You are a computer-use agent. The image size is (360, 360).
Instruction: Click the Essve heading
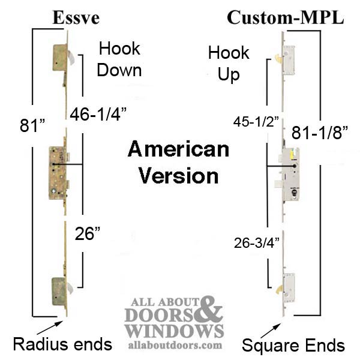tap(76, 18)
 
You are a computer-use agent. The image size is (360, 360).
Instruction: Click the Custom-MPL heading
tap(286, 17)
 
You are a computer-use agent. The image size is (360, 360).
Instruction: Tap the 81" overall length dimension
tap(32, 125)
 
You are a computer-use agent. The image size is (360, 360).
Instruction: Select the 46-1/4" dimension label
tap(98, 114)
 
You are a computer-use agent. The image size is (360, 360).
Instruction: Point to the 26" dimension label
tap(88, 233)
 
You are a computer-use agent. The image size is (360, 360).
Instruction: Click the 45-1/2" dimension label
tap(256, 121)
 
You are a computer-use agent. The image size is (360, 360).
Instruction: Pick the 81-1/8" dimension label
tap(320, 133)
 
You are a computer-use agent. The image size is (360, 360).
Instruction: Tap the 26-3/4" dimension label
tap(257, 242)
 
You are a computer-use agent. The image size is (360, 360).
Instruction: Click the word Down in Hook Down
tap(119, 70)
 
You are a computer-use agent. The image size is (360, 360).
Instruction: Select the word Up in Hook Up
tap(229, 74)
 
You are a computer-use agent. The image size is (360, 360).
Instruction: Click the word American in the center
tap(178, 149)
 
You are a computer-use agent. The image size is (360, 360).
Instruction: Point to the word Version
tap(179, 176)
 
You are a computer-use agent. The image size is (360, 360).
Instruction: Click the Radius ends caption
tap(62, 344)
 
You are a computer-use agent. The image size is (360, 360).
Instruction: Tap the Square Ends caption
tap(293, 345)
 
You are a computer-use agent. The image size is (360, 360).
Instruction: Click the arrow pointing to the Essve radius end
tap(50, 328)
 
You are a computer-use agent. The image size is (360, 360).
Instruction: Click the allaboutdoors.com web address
tap(175, 345)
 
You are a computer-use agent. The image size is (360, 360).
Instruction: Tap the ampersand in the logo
tap(208, 310)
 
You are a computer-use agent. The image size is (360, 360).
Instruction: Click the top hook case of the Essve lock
tap(60, 58)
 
